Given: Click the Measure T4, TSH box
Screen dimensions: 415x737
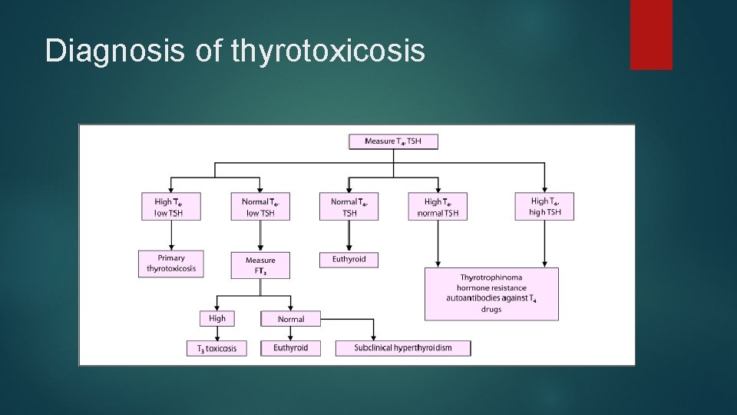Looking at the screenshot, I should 393,141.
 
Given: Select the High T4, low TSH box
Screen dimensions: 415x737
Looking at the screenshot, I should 171,207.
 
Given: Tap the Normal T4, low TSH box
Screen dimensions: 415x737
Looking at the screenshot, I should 260,207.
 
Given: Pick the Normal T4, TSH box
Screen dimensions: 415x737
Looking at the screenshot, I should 349,207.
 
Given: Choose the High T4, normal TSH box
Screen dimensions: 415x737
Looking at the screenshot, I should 438,207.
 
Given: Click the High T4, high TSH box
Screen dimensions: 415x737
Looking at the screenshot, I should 544,206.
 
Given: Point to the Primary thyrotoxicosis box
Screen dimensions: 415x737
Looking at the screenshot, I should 171,264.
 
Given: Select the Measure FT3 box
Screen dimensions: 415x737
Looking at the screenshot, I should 260,265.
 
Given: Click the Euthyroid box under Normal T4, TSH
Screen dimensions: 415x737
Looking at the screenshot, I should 349,260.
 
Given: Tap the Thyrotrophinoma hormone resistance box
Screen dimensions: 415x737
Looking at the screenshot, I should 491,294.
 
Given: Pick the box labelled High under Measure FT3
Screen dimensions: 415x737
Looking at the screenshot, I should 217,318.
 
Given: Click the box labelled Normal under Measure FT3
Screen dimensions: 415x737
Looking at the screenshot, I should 290,319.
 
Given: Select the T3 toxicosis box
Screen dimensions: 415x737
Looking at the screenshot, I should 216,348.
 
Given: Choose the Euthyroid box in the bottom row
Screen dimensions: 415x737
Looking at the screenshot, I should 290,348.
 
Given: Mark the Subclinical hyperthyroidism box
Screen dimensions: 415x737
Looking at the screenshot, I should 403,348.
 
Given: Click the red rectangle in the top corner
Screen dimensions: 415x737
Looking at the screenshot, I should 651,35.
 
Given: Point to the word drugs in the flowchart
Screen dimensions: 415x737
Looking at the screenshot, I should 491,310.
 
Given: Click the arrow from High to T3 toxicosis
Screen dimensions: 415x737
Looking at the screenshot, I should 217,333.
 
